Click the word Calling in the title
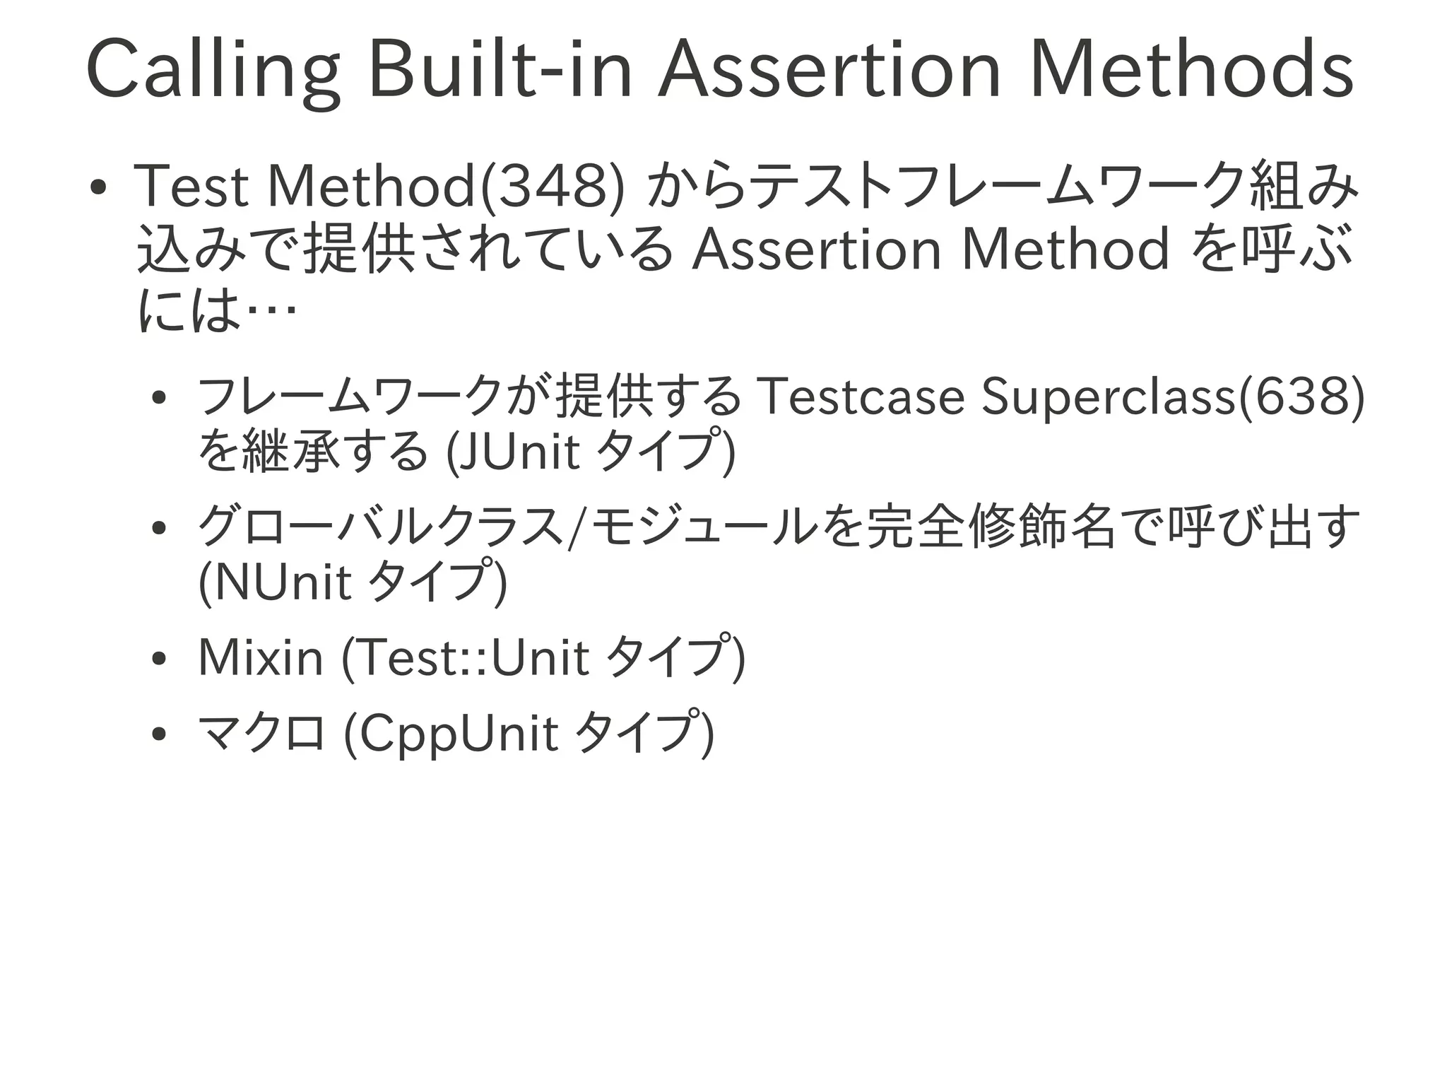pyautogui.click(x=212, y=71)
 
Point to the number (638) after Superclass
pyautogui.click(x=1301, y=397)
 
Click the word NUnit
pyautogui.click(x=283, y=582)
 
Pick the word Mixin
pyautogui.click(x=261, y=657)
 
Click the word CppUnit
pyautogui.click(x=459, y=734)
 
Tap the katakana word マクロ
pyautogui.click(x=261, y=734)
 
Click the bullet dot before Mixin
pyautogui.click(x=159, y=659)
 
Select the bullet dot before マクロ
pyautogui.click(x=159, y=735)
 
